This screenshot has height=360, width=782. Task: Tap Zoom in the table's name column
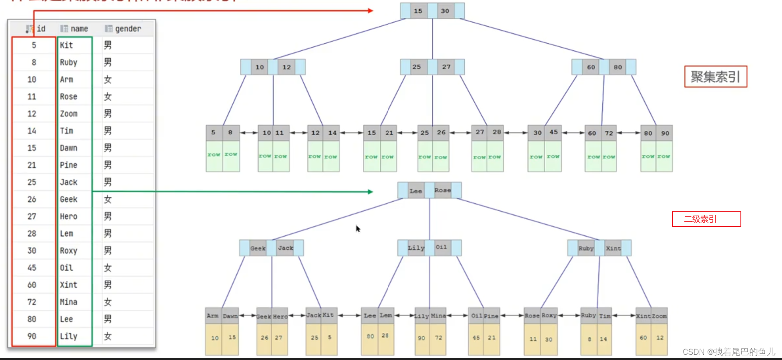pos(69,114)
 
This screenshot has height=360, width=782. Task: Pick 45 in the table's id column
pos(32,268)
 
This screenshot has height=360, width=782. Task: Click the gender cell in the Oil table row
pos(108,268)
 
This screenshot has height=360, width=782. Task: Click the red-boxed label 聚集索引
pos(715,77)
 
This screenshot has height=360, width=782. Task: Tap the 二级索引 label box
pos(706,219)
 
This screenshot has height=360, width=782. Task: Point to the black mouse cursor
pos(358,228)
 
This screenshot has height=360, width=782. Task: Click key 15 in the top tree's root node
pos(418,11)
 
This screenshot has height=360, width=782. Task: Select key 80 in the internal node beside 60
pos(617,67)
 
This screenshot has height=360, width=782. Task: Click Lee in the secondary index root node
pos(416,191)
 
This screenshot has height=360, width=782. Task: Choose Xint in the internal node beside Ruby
pos(613,248)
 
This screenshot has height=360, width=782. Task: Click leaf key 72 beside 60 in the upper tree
pos(609,133)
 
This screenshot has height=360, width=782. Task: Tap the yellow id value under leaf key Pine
pos(492,338)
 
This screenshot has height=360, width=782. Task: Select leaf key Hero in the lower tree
pos(280,316)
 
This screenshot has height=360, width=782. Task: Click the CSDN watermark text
pos(729,352)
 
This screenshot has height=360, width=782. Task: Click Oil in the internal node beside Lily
pos(441,247)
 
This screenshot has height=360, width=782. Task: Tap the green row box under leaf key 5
pos(214,155)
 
